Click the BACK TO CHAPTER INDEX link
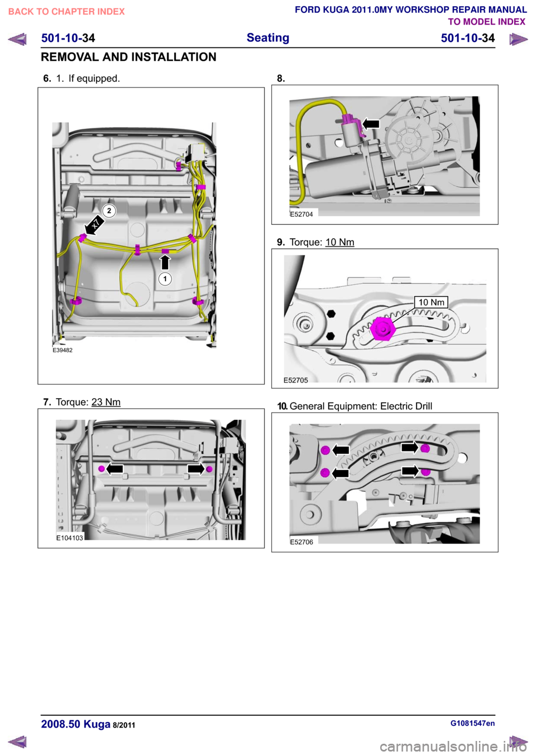click(x=66, y=12)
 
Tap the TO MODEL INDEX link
click(x=487, y=22)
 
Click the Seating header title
click(x=268, y=37)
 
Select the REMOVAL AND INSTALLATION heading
click(x=128, y=57)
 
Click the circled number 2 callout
click(x=109, y=211)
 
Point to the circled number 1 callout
click(x=165, y=279)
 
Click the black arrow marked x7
click(x=94, y=225)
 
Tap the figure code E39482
click(x=63, y=350)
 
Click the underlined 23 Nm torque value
click(x=106, y=402)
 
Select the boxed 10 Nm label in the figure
click(x=431, y=302)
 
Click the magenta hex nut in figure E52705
click(x=382, y=329)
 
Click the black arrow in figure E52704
click(x=371, y=124)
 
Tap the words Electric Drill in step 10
click(x=406, y=406)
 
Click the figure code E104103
click(x=70, y=538)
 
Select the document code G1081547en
click(x=472, y=723)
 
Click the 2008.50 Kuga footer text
click(x=76, y=724)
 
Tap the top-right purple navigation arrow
click(x=519, y=39)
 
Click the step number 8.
click(x=281, y=79)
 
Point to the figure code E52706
click(x=301, y=542)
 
